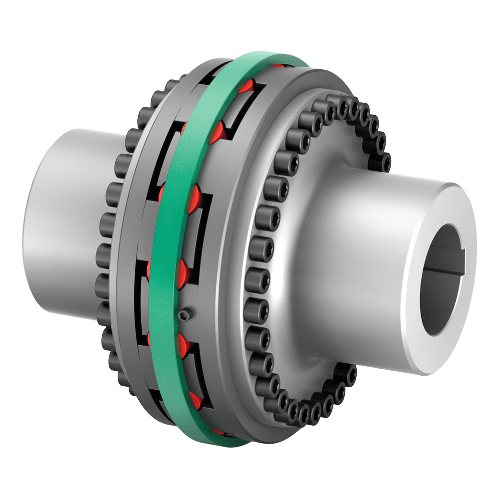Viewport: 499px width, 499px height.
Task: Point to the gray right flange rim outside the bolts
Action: (235, 299)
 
